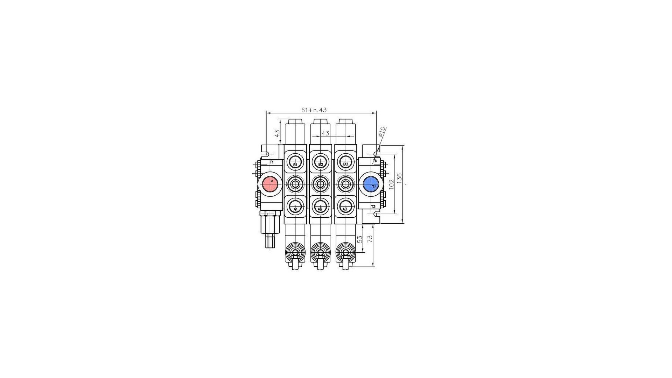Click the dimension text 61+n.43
314,110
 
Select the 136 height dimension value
400,179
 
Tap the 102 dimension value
391,184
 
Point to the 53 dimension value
359,239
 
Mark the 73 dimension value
370,239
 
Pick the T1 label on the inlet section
272,162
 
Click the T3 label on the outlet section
373,207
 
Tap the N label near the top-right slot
376,161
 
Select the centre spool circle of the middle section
320,184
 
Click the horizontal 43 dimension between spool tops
325,133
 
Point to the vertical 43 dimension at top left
277,133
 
